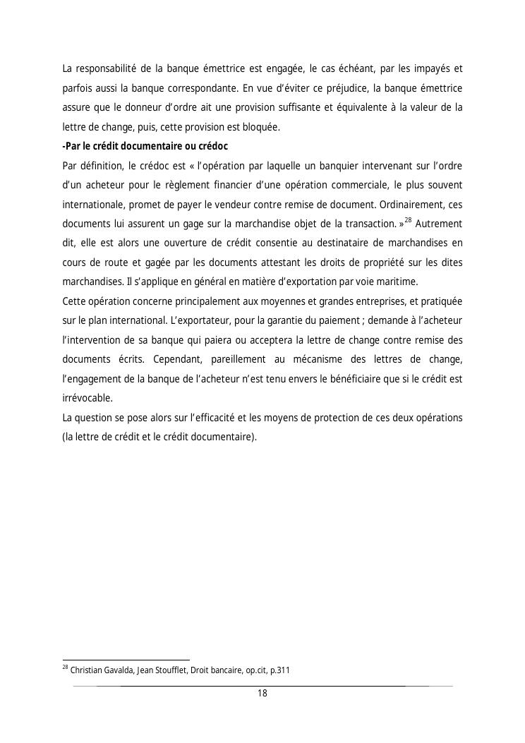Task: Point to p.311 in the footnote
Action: [279, 670]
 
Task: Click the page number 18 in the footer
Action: [262, 694]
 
